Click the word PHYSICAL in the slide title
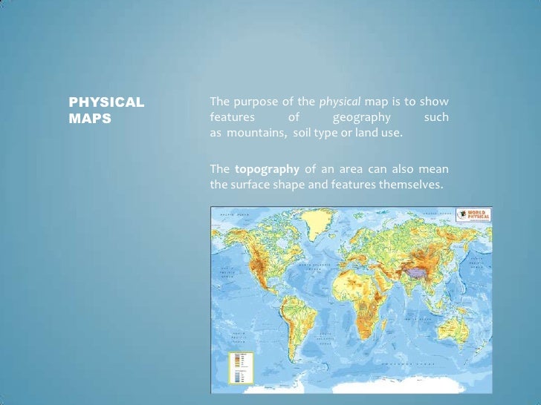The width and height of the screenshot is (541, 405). [x=106, y=102]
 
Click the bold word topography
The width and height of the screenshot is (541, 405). [x=267, y=168]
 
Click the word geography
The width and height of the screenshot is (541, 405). [x=361, y=117]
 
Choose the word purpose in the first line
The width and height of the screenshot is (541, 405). [x=254, y=102]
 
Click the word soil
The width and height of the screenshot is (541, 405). [x=299, y=133]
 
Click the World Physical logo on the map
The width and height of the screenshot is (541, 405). [x=472, y=215]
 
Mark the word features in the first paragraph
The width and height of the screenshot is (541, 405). [x=232, y=117]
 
